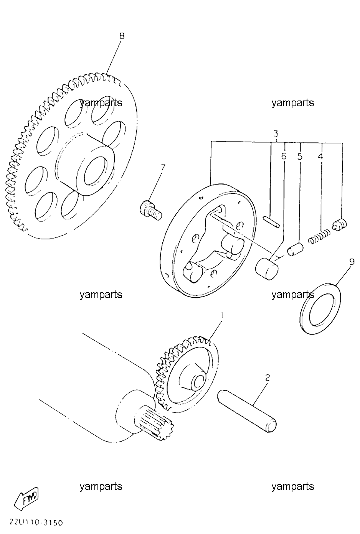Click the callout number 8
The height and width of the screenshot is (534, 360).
[122, 36]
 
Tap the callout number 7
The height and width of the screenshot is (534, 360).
[163, 168]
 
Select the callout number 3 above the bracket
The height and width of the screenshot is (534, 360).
[276, 133]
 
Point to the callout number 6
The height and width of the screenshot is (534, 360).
[283, 157]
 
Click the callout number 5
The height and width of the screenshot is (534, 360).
[300, 157]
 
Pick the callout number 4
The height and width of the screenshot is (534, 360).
[320, 157]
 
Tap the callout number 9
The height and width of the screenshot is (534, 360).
[352, 262]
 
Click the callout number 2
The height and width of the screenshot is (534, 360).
[268, 377]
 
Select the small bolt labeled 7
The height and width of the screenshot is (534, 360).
[151, 210]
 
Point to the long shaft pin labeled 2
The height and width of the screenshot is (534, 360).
[247, 411]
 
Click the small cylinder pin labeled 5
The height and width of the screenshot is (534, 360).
[295, 250]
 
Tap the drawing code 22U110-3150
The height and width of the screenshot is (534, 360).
[36, 523]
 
